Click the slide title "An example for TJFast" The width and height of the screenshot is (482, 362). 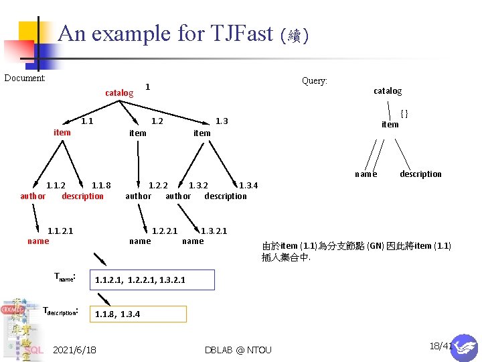165,34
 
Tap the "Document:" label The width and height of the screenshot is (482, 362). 25,78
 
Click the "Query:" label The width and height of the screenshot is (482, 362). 314,80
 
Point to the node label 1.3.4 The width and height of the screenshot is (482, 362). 248,186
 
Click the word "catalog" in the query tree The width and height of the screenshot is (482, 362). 388,91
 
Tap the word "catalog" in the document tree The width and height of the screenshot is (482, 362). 119,93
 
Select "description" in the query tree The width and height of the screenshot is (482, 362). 420,174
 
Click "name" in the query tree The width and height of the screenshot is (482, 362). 366,174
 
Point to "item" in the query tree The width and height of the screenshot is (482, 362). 390,125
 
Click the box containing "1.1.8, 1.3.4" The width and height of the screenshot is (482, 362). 139,314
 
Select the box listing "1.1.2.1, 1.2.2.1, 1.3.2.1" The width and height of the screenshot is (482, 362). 153,280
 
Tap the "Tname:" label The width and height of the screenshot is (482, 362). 65,277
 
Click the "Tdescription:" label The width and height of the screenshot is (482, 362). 62,311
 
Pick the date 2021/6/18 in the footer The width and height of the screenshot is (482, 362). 74,350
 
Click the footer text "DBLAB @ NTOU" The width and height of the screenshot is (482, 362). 238,350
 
